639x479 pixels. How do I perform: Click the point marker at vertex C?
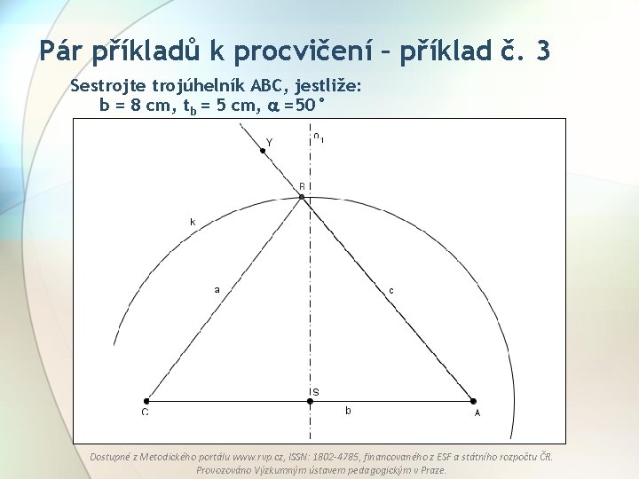pyautogui.click(x=147, y=401)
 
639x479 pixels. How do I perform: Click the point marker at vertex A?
pyautogui.click(x=473, y=401)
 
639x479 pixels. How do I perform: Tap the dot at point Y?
pyautogui.click(x=263, y=151)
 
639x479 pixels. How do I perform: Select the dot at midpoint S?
pyautogui.click(x=310, y=401)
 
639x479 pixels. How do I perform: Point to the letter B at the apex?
pyautogui.click(x=302, y=187)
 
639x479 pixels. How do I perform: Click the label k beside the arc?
pyautogui.click(x=193, y=222)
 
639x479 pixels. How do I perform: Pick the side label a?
pyautogui.click(x=217, y=288)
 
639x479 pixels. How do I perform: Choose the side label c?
pyautogui.click(x=391, y=290)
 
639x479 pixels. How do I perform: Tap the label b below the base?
pyautogui.click(x=348, y=412)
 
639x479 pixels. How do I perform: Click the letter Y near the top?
pyautogui.click(x=270, y=142)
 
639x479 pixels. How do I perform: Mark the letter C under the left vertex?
pyautogui.click(x=146, y=412)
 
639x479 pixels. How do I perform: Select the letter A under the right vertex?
pyautogui.click(x=477, y=412)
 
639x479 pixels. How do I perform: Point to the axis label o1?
pyautogui.click(x=319, y=137)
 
